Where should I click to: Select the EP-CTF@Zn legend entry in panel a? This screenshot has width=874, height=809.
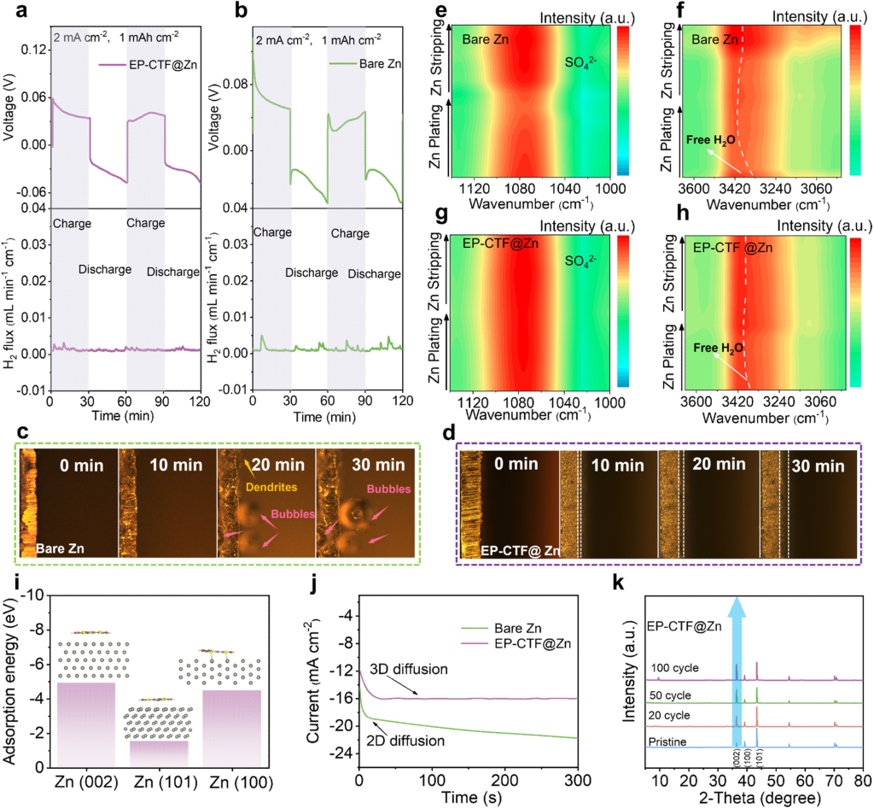pos(159,65)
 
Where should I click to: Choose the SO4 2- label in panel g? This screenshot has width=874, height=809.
pos(582,278)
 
